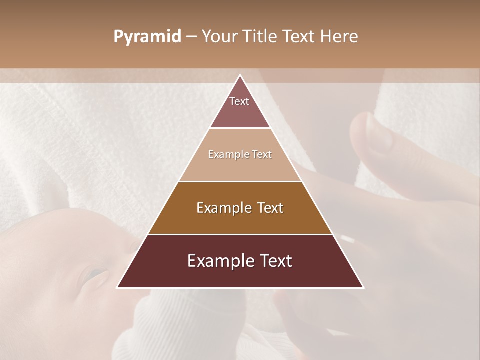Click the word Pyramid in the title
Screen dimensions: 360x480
coord(147,37)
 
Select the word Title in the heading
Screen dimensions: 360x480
coord(260,37)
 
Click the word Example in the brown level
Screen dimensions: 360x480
coord(221,208)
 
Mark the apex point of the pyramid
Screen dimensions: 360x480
coord(240,76)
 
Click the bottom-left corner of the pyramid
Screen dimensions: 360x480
coord(117,287)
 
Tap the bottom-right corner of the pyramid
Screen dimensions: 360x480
coord(363,287)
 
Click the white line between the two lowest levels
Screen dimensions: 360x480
coord(240,234)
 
